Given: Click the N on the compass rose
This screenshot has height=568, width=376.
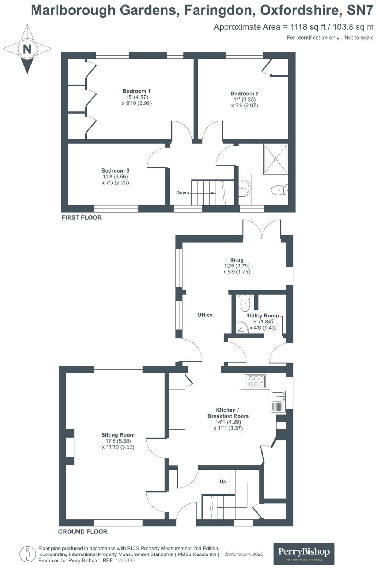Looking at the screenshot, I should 27,49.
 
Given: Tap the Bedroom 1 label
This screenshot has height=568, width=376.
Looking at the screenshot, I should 137,91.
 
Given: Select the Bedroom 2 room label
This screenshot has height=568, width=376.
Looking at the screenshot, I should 245,93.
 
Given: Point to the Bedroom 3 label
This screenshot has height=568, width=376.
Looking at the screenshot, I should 115,171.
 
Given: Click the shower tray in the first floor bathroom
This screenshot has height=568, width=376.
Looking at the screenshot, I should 275,159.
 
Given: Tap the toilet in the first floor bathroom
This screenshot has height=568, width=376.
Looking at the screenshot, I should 279,190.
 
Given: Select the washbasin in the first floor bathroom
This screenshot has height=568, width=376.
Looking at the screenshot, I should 244,188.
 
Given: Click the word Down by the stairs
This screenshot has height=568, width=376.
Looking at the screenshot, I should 182,192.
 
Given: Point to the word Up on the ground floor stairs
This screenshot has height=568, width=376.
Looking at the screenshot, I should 223,481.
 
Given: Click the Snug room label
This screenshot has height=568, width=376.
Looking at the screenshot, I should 237,260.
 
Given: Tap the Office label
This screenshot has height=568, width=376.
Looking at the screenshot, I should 205,315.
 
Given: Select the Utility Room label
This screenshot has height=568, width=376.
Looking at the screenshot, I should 263,316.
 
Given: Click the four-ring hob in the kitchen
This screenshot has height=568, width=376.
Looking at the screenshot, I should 255,381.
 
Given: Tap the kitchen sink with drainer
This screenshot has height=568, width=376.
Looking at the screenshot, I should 278,402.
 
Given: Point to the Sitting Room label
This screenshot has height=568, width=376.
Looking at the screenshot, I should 118,435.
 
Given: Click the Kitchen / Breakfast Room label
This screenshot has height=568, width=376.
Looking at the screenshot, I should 228,413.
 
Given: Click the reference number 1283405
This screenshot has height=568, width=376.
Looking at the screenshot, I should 125,561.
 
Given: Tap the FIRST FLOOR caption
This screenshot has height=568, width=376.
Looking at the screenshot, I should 82,217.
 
